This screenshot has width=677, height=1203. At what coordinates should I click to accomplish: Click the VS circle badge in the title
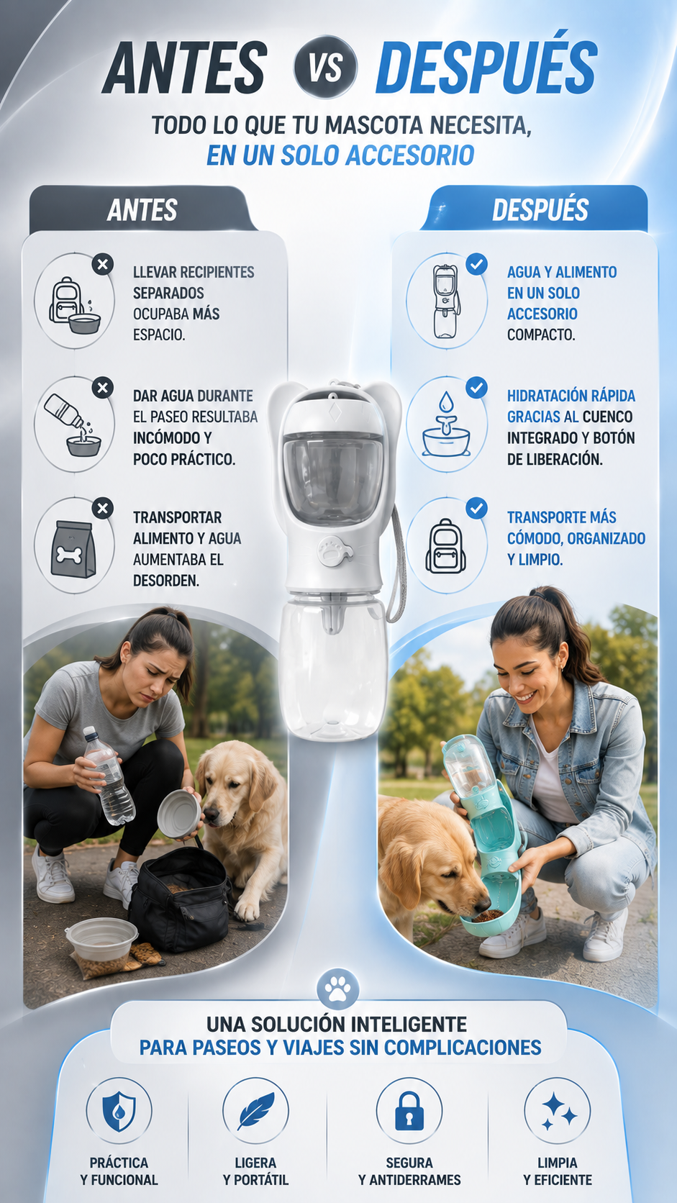pyautogui.click(x=324, y=67)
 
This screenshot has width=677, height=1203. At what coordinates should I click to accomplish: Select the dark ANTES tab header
pyautogui.click(x=142, y=209)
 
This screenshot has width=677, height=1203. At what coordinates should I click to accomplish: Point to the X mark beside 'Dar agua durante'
pyautogui.click(x=103, y=387)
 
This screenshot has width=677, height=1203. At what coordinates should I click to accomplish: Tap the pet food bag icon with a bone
pyautogui.click(x=73, y=550)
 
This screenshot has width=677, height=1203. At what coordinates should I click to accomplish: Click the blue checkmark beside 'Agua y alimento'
pyautogui.click(x=476, y=264)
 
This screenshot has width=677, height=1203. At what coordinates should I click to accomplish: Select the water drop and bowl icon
pyautogui.click(x=446, y=425)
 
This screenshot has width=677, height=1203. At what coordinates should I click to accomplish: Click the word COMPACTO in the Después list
pyautogui.click(x=540, y=335)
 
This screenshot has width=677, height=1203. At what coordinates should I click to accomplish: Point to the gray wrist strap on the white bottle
pyautogui.click(x=396, y=564)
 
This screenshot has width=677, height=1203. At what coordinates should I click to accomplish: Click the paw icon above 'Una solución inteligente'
pyautogui.click(x=337, y=989)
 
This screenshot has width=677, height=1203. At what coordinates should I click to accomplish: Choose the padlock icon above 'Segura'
pyautogui.click(x=409, y=1111)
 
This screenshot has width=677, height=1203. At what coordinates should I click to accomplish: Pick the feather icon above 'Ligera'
pyautogui.click(x=255, y=1111)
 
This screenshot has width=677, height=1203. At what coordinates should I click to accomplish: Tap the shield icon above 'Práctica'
pyautogui.click(x=119, y=1111)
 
